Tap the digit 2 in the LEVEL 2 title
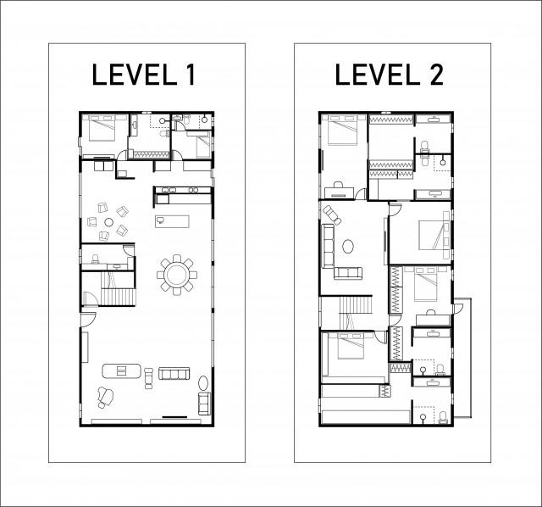tap(435, 75)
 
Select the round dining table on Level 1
tap(177, 275)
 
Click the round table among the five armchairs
tap(109, 222)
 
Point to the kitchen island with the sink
tap(172, 221)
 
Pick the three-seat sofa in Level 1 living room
tap(174, 373)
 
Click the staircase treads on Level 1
tap(119, 298)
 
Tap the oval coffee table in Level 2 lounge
tap(348, 247)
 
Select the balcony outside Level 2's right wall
tap(462, 357)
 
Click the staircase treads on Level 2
tap(356, 304)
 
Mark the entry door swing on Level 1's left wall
tap(88, 319)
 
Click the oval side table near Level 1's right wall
tap(203, 383)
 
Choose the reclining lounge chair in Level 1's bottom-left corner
tap(105, 397)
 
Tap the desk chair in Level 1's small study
tap(95, 259)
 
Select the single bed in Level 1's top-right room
tap(203, 145)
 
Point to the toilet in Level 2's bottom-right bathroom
tap(443, 417)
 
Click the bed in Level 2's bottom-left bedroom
tap(350, 346)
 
